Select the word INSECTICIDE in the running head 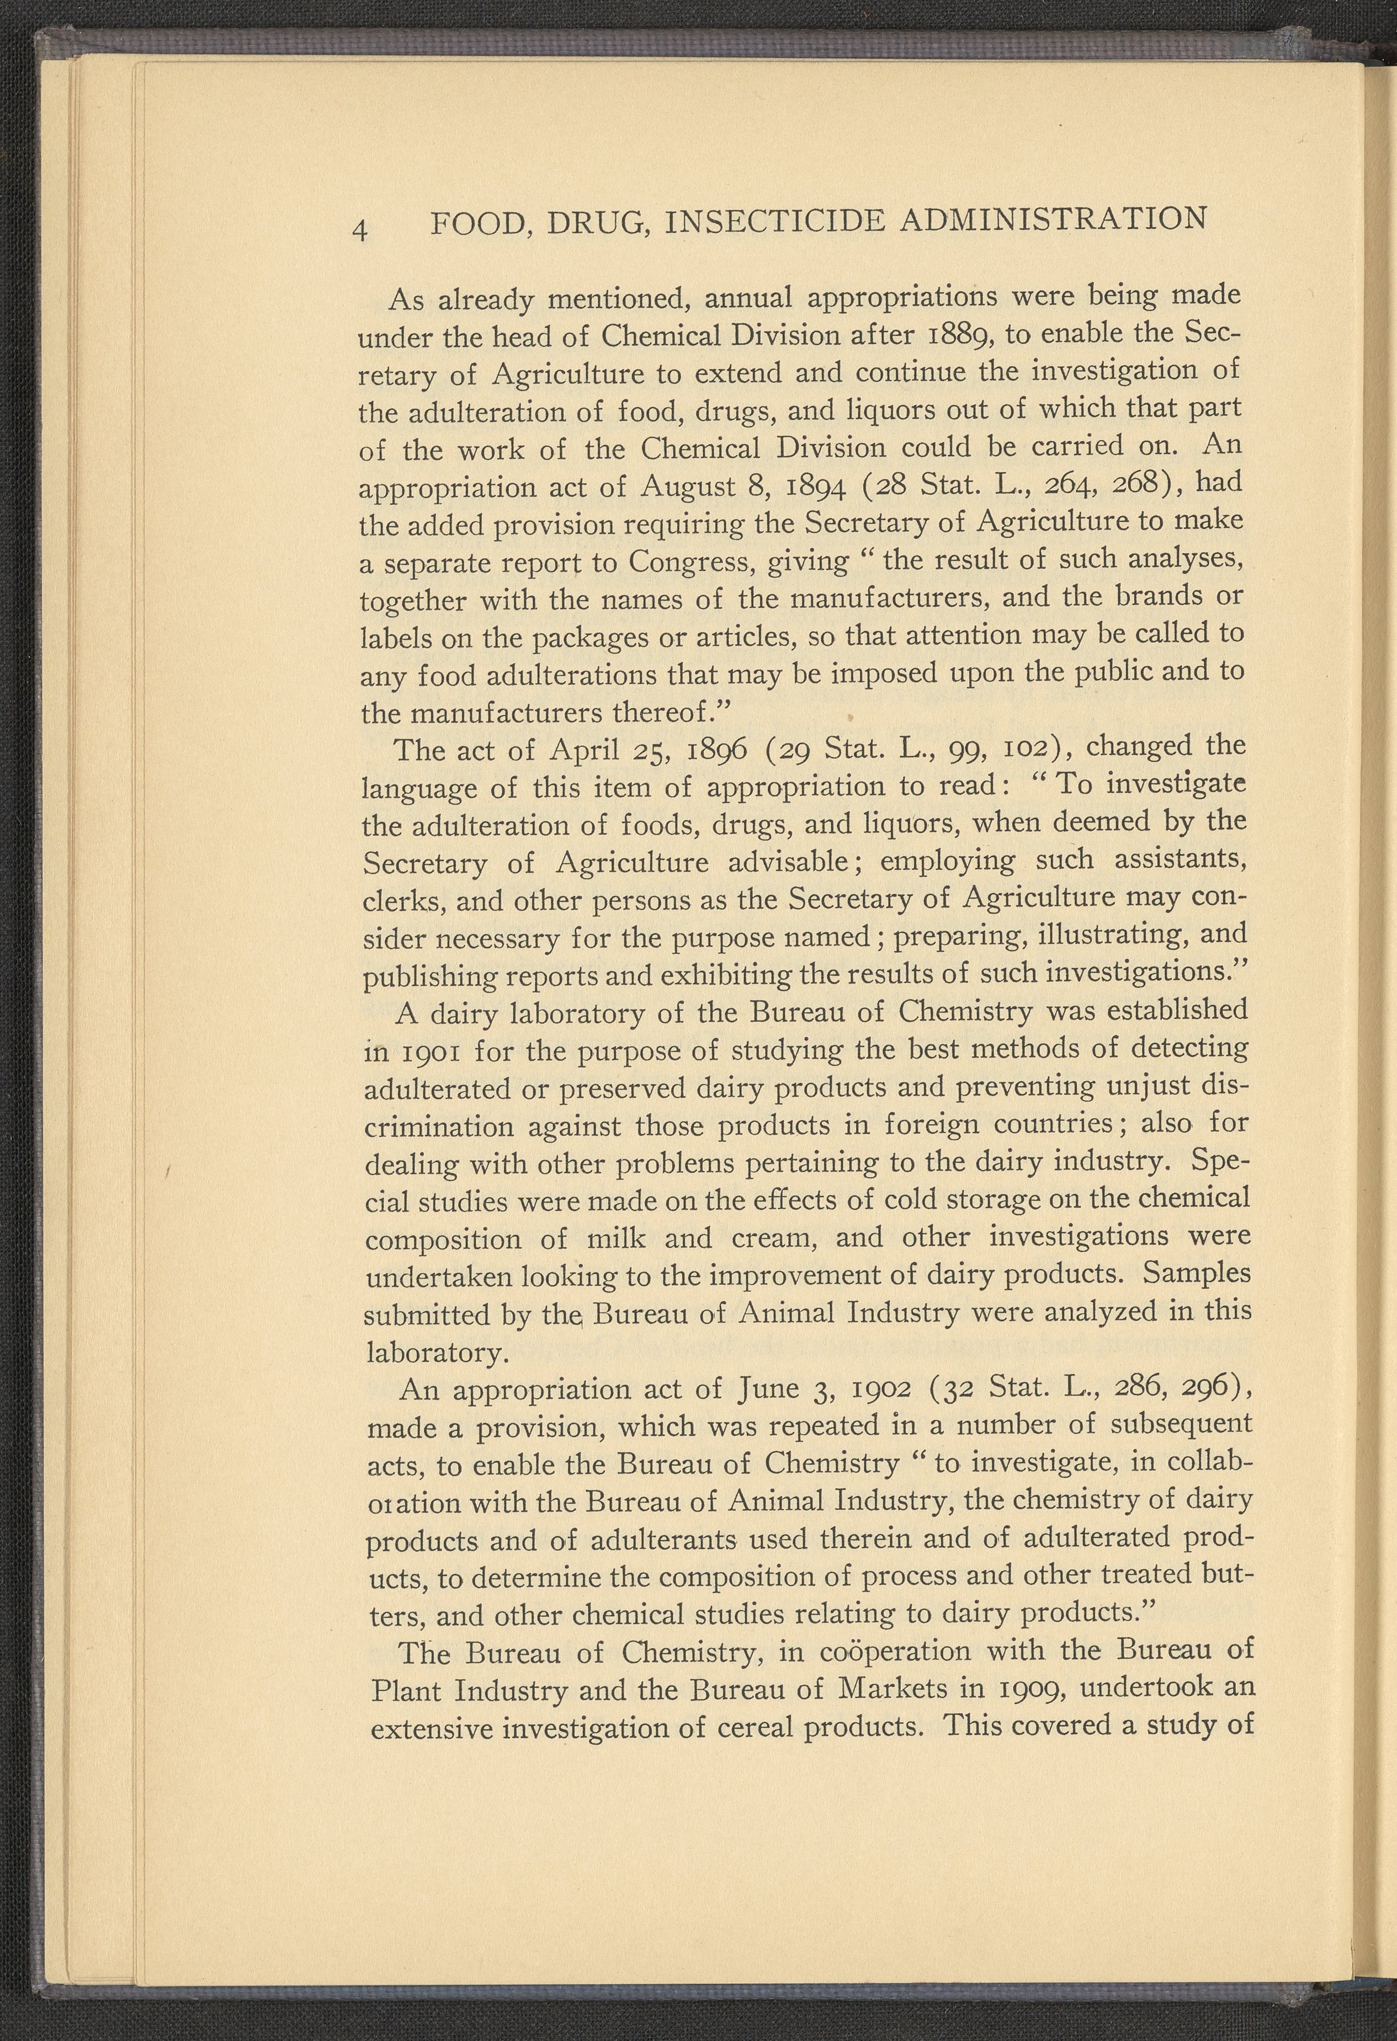775,222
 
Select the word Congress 690,562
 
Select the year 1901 428,1052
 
